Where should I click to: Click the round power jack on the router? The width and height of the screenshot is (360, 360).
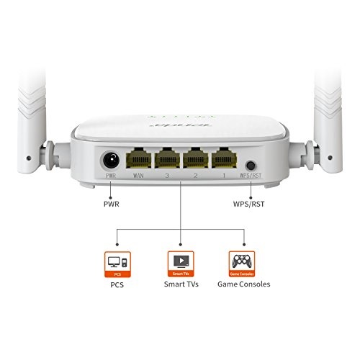(111, 158)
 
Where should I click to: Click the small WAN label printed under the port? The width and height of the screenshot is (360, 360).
(138, 175)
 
